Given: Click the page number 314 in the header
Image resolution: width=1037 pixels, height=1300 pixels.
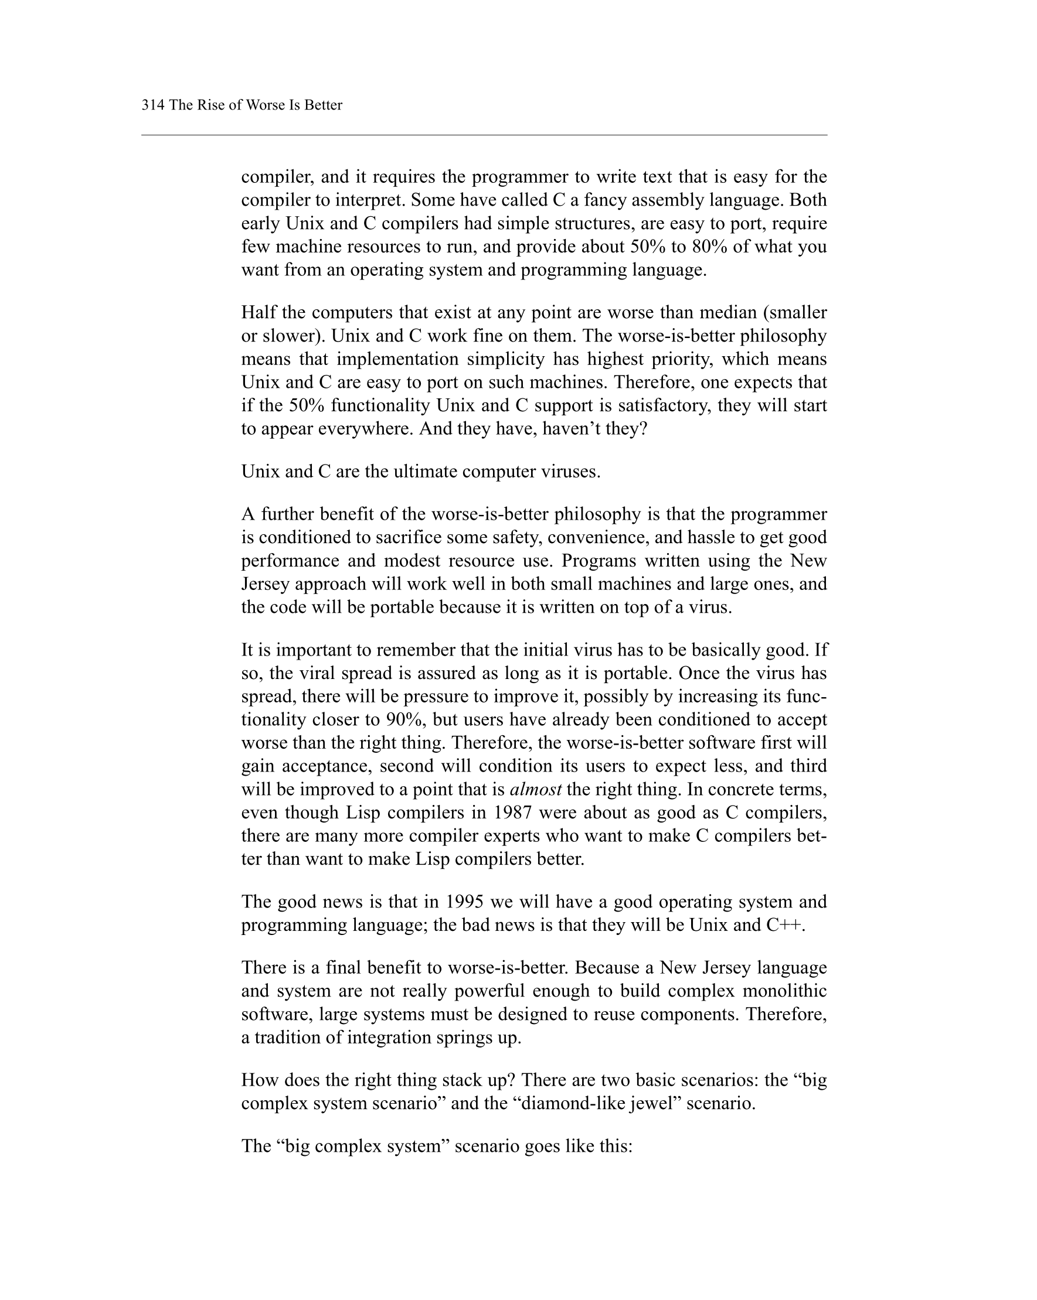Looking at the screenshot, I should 152,105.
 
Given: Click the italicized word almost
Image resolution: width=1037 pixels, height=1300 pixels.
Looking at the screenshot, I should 536,789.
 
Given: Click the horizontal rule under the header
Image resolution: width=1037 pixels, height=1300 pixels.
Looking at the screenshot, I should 484,135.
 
